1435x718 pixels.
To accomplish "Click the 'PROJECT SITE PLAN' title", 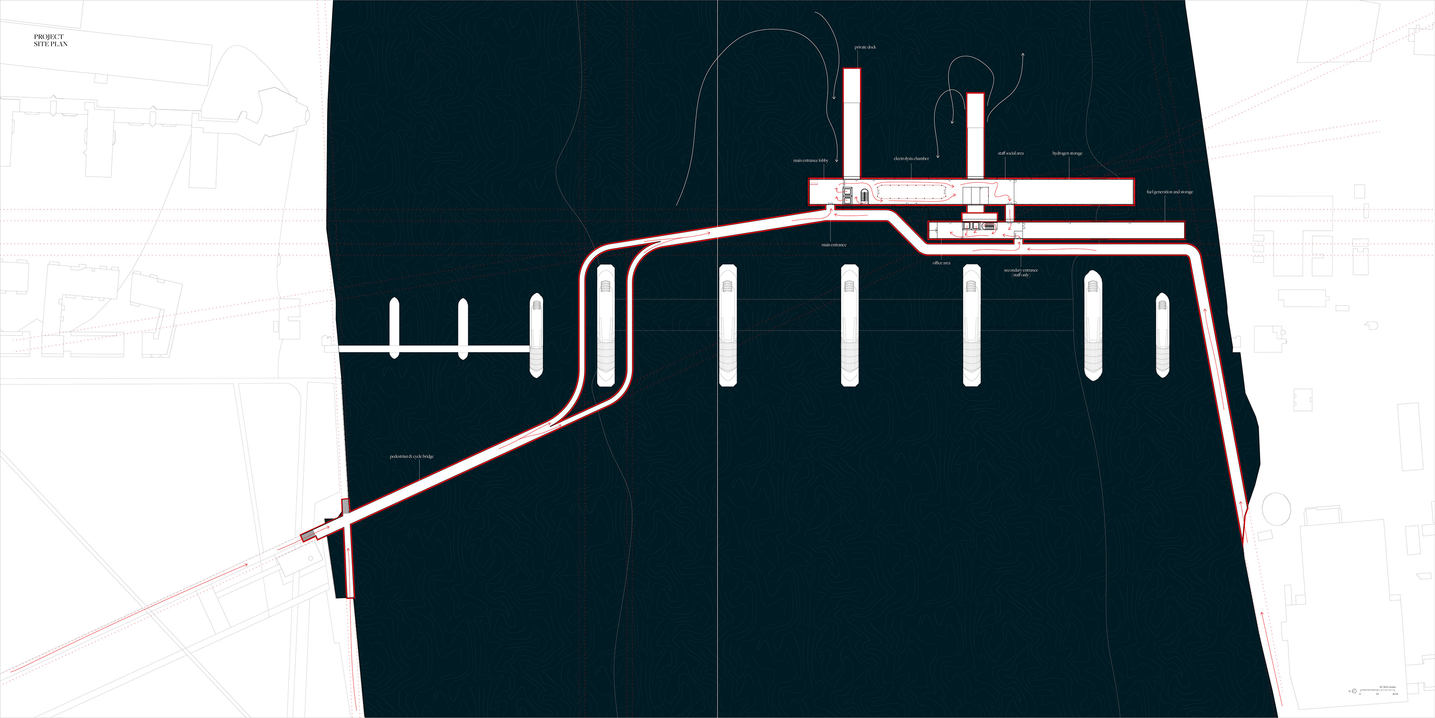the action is tap(50, 40).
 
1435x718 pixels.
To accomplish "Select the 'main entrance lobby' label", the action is tap(811, 160).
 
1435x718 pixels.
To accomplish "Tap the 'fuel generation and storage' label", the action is tap(1170, 192).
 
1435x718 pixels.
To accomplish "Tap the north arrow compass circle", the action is tap(1354, 691).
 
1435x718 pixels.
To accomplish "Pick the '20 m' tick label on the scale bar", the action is tap(1395, 694).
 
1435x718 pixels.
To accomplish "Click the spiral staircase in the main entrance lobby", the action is tap(865, 196).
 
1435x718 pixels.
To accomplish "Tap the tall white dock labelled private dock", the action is tap(852, 123).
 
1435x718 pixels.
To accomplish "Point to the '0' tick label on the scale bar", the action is tap(1360, 694).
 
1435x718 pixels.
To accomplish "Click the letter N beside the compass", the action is tap(1350, 691).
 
